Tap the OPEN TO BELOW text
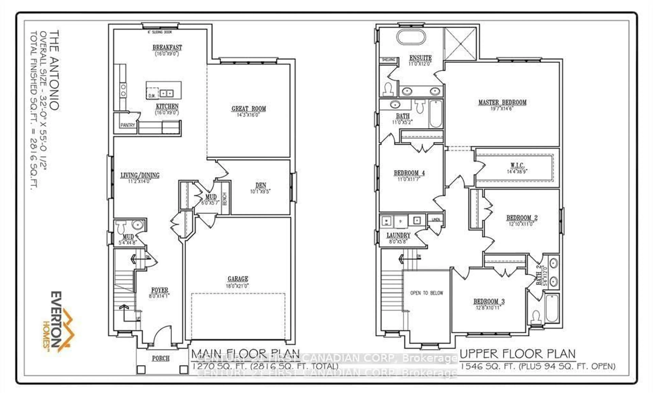[426, 293]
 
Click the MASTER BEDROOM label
[502, 102]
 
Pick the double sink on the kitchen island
[166, 93]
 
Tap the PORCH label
[161, 358]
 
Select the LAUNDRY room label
[398, 235]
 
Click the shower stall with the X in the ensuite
[460, 44]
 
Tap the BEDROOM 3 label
[489, 301]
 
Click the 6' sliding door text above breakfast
[160, 32]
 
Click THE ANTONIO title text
[54, 70]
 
